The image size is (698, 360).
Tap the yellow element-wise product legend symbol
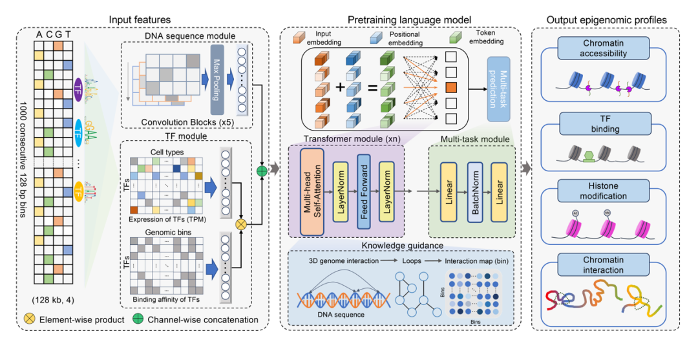[30, 319]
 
